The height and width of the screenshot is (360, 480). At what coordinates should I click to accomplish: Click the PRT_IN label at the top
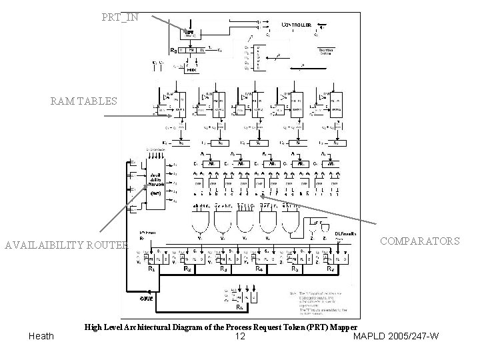pyautogui.click(x=121, y=16)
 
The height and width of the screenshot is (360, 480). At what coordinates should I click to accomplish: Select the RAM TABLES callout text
pyautogui.click(x=84, y=101)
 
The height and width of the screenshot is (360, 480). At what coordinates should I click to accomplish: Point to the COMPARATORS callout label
pyautogui.click(x=420, y=241)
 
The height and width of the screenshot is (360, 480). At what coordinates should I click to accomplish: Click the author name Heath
pyautogui.click(x=41, y=336)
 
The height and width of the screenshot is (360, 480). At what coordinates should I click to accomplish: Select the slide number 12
pyautogui.click(x=240, y=336)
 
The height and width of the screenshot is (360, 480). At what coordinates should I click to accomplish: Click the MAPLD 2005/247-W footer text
pyautogui.click(x=395, y=336)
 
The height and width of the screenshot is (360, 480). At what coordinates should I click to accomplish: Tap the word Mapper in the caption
pyautogui.click(x=340, y=327)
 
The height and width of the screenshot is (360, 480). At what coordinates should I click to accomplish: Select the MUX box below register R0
pyautogui.click(x=191, y=67)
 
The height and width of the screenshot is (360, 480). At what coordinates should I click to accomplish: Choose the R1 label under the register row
pyautogui.click(x=153, y=269)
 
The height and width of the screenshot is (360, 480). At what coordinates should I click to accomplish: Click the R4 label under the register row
pyautogui.click(x=259, y=269)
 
